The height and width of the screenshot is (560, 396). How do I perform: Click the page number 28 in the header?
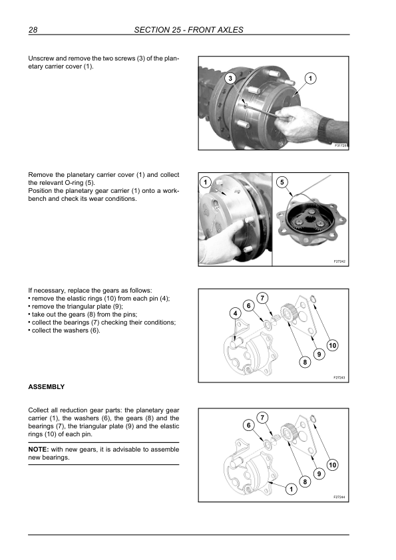pos(33,30)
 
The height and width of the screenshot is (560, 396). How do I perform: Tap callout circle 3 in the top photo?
pos(230,78)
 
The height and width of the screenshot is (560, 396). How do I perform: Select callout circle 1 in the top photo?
pos(310,78)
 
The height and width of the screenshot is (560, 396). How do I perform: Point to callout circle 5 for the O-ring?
pos(282,182)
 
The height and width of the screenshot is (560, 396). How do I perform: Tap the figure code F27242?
pos(339,261)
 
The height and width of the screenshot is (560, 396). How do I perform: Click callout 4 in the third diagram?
pos(235,313)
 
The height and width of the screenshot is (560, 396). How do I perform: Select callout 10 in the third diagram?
pos(332,345)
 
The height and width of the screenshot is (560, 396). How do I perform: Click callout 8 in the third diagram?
pos(305,362)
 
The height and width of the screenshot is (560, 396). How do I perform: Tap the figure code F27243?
pos(339,378)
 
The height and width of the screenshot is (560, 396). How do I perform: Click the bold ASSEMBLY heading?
pos(47,387)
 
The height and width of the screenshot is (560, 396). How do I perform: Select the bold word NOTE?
pos(38,450)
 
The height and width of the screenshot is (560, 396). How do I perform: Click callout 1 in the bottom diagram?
pos(292,490)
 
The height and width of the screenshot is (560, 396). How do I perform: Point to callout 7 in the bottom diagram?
pos(262,418)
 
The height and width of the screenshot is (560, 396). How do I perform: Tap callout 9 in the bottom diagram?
pos(319,474)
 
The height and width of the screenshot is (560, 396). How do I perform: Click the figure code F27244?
pos(339,497)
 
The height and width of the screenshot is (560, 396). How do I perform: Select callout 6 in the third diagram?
pos(249,306)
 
